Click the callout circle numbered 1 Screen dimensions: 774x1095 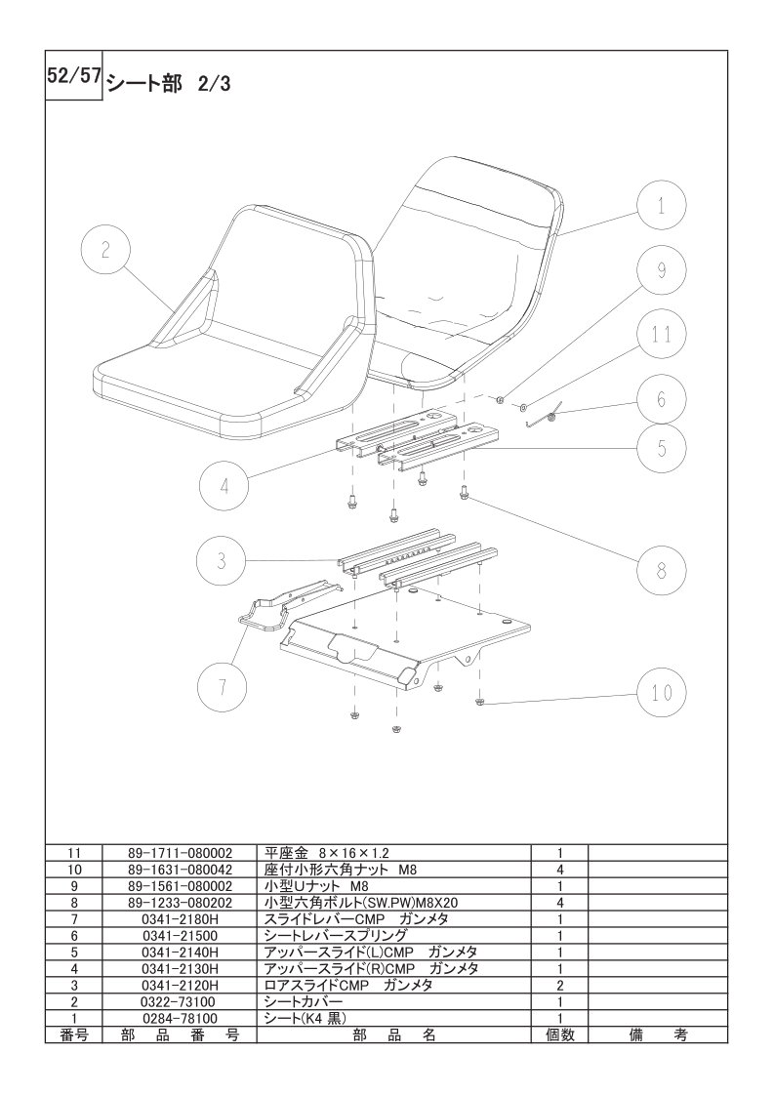pyautogui.click(x=661, y=205)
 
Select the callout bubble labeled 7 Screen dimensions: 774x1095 pyautogui.click(x=222, y=687)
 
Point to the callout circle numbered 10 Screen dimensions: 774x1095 pyautogui.click(x=661, y=692)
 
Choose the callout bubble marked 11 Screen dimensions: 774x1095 pyautogui.click(x=661, y=335)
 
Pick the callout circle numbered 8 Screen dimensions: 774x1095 pyautogui.click(x=661, y=571)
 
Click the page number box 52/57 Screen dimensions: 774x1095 pyautogui.click(x=74, y=76)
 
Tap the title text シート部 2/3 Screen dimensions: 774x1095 pyautogui.click(x=168, y=85)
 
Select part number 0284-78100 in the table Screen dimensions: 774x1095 pyautogui.click(x=180, y=1018)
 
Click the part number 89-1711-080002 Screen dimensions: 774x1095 pyautogui.click(x=180, y=853)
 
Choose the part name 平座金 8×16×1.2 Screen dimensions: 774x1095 pyautogui.click(x=326, y=853)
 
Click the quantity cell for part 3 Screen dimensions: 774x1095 pyautogui.click(x=559, y=986)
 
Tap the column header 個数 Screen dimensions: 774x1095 pyautogui.click(x=559, y=1034)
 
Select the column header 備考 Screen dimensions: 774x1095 pyautogui.click(x=657, y=1034)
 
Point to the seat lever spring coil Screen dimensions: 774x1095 pyautogui.click(x=550, y=417)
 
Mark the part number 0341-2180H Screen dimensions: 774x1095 pyautogui.click(x=180, y=919)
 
